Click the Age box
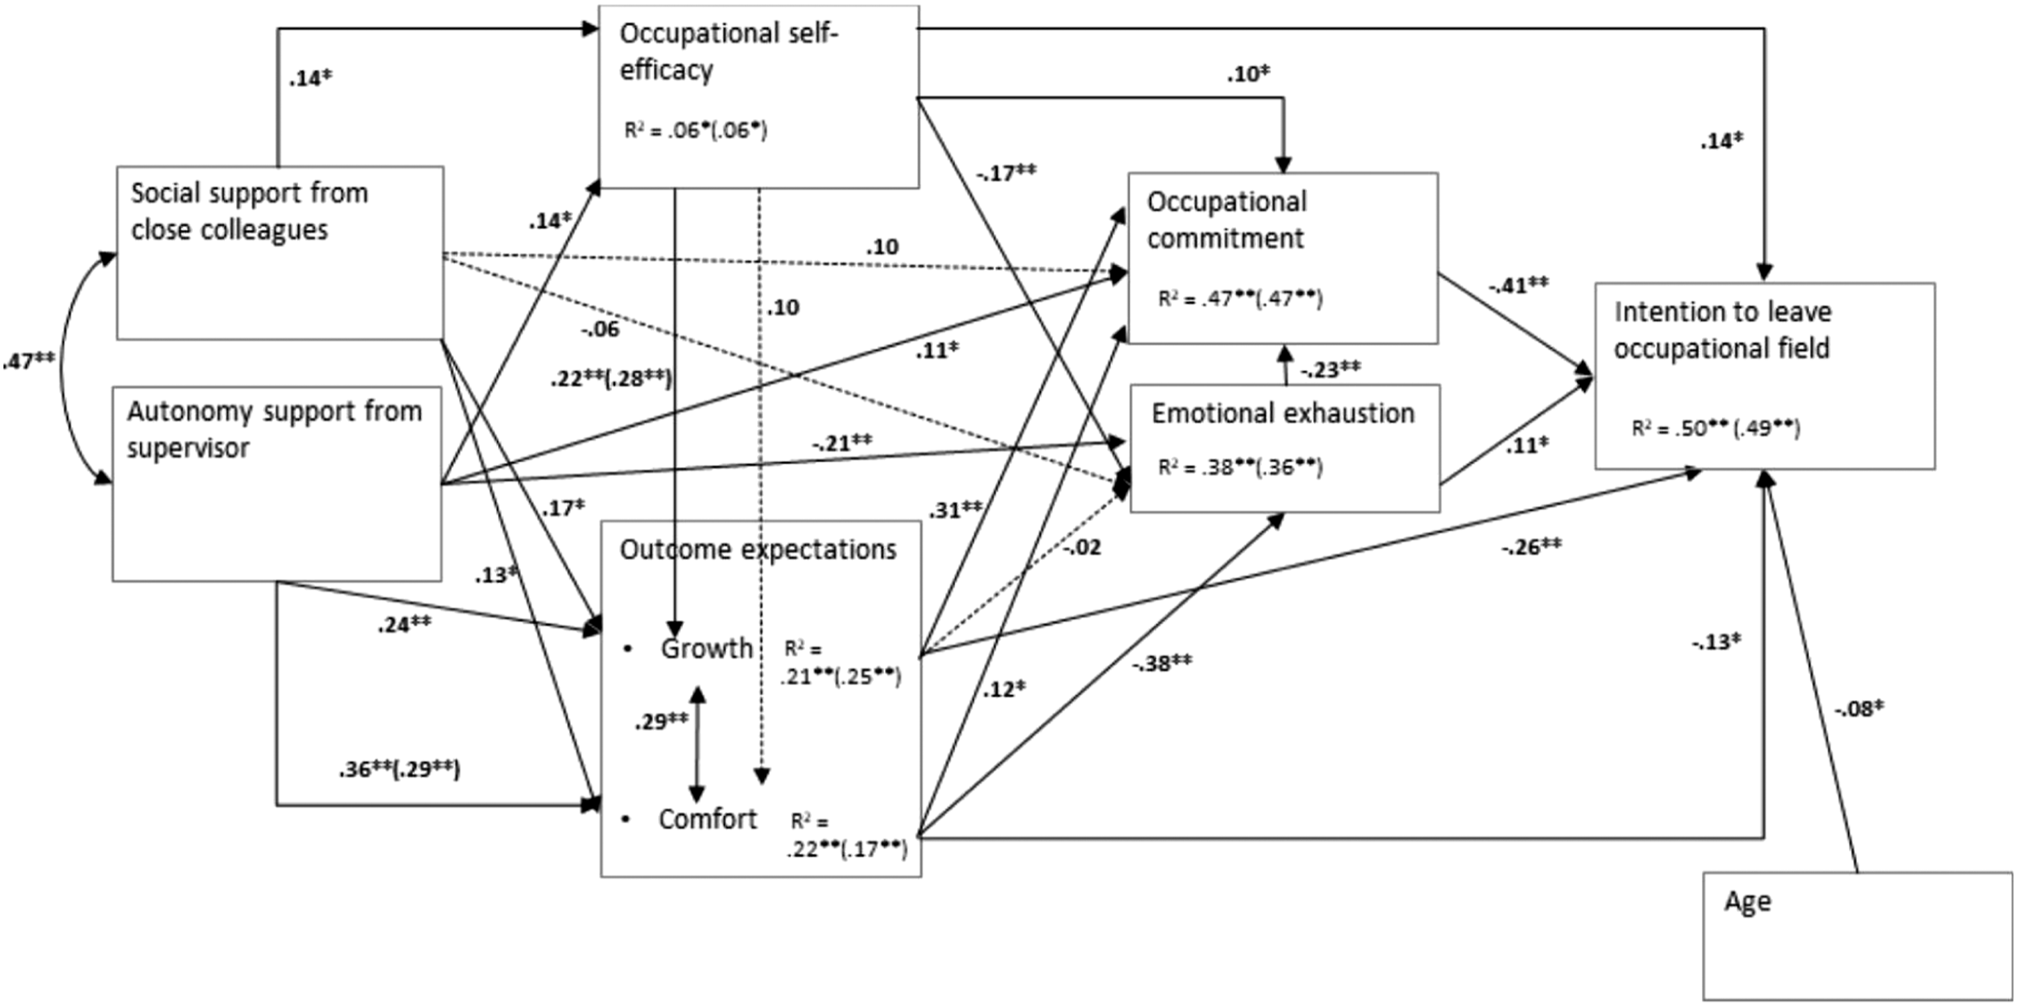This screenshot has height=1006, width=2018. coord(1857,936)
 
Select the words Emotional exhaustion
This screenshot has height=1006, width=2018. coord(1283,413)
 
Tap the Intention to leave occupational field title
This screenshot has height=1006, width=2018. coord(1723,330)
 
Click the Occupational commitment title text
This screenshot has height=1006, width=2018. coord(1227,220)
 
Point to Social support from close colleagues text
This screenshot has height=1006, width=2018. coord(249,211)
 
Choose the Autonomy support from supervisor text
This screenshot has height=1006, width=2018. coord(274,430)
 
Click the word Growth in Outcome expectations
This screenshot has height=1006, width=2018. coord(707,648)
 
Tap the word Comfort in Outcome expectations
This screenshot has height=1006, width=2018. coord(707,819)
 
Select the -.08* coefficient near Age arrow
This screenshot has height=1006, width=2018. coord(1858,708)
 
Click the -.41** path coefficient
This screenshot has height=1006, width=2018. coord(1518,286)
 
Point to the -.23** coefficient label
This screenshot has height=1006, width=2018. coord(1330,369)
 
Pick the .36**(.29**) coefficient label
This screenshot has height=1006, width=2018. coord(400,769)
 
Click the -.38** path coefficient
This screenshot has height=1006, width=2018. coord(1161,664)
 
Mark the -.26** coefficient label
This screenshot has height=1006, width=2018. coord(1531,546)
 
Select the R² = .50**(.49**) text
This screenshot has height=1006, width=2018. coord(1716,429)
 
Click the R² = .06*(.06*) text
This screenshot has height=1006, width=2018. coord(696,130)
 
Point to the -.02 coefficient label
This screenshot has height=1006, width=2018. coord(1082,548)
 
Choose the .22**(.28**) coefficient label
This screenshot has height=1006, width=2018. coord(611,378)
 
